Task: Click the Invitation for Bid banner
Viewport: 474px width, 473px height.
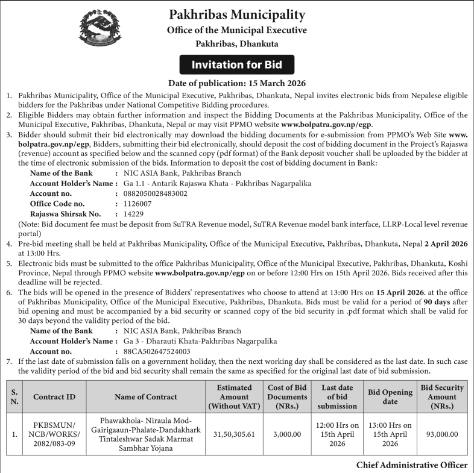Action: (236, 64)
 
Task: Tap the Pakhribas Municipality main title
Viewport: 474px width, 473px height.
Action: (237, 14)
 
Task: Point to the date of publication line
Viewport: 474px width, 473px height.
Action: (237, 83)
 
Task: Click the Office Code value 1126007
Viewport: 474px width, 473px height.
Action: (137, 204)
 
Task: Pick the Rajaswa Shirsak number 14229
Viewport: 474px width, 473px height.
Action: (133, 213)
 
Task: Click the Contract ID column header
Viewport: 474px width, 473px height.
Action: (54, 396)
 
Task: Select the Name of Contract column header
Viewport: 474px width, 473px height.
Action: (146, 396)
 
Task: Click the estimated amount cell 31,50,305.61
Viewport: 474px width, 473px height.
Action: (234, 434)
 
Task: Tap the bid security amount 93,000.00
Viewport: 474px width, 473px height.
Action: (442, 434)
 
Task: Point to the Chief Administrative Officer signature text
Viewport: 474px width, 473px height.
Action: (412, 465)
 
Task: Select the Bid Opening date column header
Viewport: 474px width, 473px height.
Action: (390, 396)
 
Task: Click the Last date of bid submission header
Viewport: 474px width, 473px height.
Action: (337, 396)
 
